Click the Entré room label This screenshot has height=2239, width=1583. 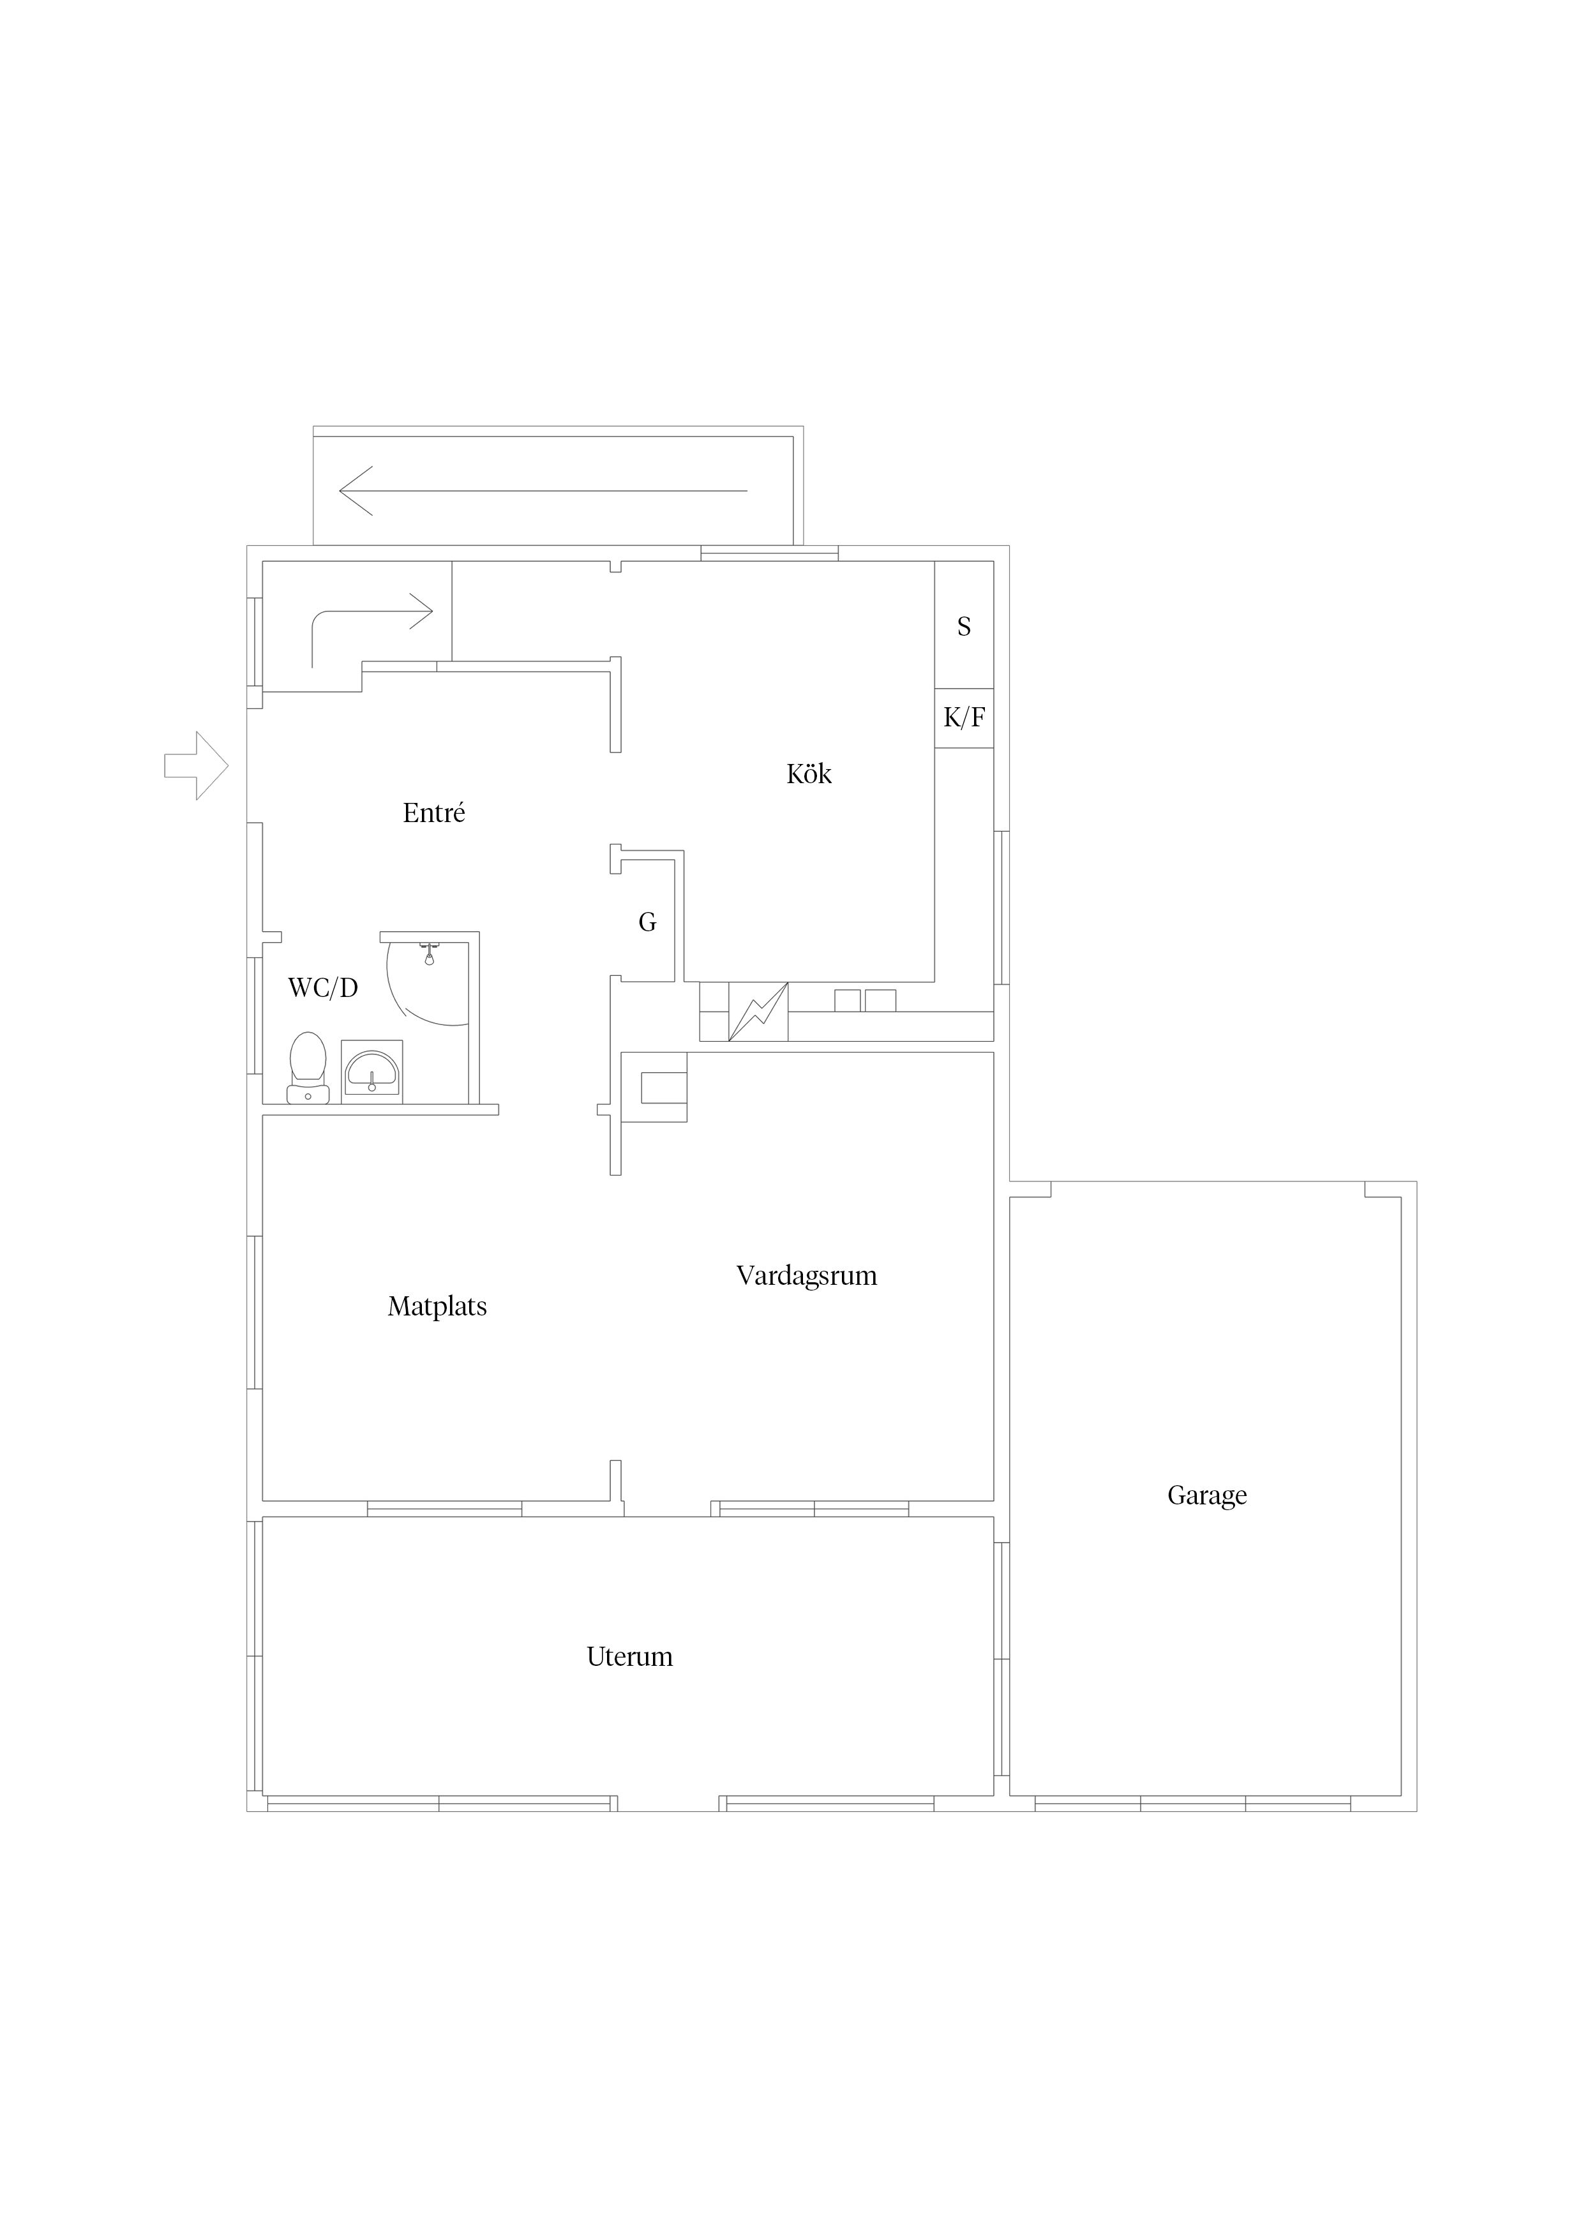[x=434, y=812]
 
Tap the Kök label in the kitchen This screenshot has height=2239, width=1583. [x=809, y=774]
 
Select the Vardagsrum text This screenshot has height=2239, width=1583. [x=807, y=1275]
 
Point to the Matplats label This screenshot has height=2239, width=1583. [x=437, y=1307]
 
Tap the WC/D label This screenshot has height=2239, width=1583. [x=323, y=988]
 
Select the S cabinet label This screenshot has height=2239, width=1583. [x=964, y=626]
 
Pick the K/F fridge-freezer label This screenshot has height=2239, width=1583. [x=964, y=718]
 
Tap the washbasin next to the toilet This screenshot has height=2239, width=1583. [x=371, y=1072]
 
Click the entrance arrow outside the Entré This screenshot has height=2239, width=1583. [x=196, y=765]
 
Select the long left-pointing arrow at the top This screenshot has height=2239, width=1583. [x=543, y=491]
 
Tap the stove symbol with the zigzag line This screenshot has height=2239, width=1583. [x=758, y=1011]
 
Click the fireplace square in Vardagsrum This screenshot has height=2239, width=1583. [x=663, y=1088]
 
